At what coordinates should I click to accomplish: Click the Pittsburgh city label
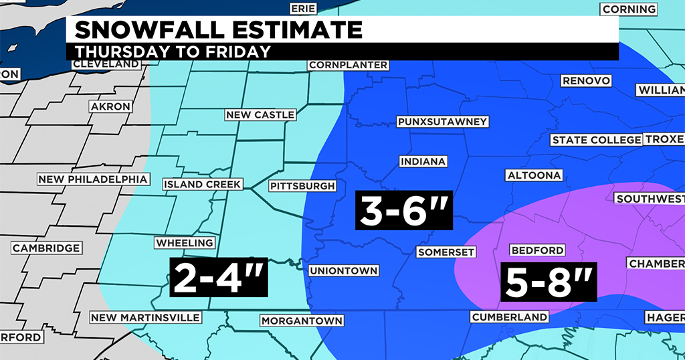coord(302,185)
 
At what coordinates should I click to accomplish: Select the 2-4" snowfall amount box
coord(219,277)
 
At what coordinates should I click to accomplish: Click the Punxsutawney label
coord(442,122)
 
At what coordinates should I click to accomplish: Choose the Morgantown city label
coord(302,321)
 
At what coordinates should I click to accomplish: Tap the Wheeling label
coord(185,243)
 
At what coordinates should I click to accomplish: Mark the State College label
coord(595,140)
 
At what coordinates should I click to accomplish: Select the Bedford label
coord(537,250)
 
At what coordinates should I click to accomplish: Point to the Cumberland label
coord(509,317)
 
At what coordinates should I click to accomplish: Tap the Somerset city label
coord(446,252)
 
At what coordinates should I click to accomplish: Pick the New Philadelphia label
coord(92,179)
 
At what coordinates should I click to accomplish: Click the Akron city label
coord(110,106)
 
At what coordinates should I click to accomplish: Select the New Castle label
coord(260,115)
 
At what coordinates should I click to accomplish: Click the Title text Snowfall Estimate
coord(219,30)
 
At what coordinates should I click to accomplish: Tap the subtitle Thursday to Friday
coord(173,52)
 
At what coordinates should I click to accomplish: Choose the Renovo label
coord(586,81)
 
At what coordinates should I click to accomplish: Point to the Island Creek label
coord(202,184)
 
